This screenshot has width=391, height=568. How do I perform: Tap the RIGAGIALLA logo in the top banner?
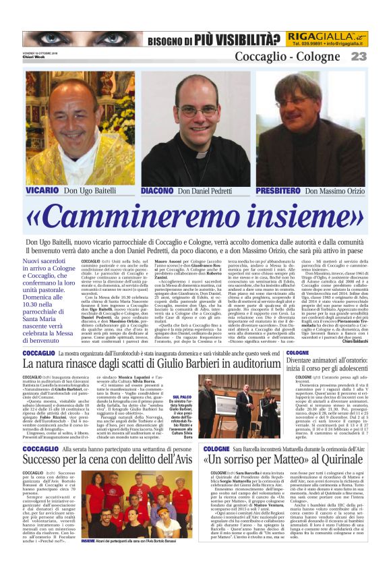tap(326, 35)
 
